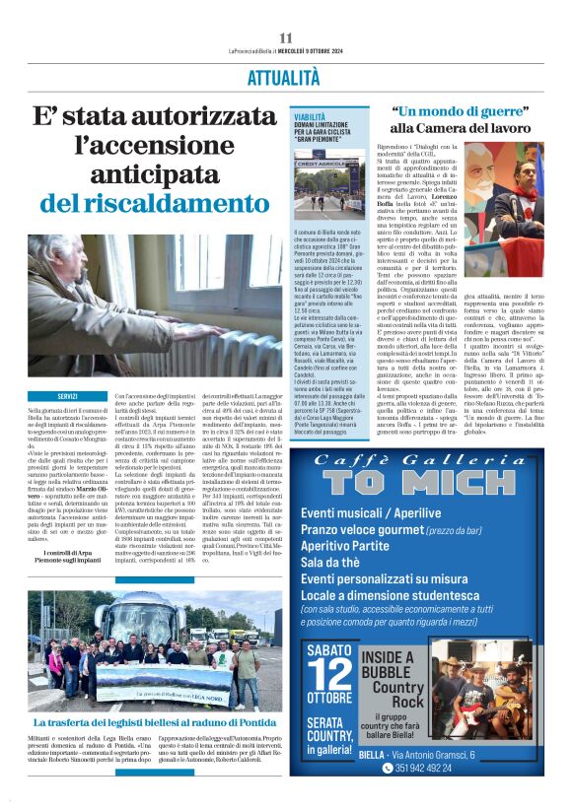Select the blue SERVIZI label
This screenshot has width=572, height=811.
pos(68,396)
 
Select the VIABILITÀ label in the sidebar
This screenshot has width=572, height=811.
pos(308,116)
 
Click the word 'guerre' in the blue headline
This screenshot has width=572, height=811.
pos(490,112)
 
